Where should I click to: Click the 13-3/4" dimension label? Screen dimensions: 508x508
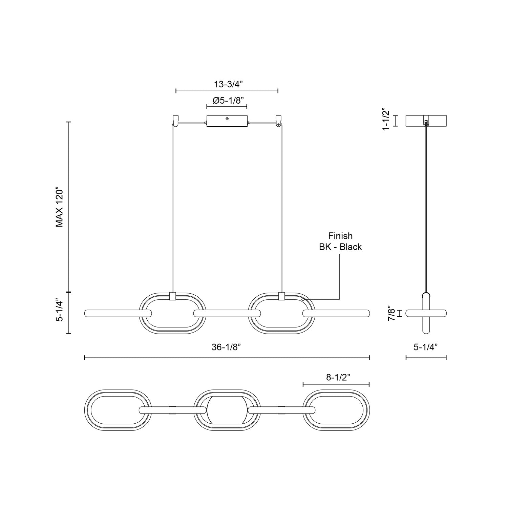227,84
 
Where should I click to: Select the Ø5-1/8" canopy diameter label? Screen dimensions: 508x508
227,100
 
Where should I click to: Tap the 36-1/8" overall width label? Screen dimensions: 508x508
227,347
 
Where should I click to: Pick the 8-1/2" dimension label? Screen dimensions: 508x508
338,378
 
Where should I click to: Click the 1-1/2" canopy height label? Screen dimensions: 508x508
386,120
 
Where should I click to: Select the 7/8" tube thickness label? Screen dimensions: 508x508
391,313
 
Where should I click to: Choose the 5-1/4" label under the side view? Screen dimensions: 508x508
426,347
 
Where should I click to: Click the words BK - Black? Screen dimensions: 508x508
340,247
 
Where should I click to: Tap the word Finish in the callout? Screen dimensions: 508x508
340,236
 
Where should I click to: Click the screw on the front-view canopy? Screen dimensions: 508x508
227,119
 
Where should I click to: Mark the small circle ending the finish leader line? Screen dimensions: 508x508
303,299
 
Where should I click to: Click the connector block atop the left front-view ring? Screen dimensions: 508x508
172,296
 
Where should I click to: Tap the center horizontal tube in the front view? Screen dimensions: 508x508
227,313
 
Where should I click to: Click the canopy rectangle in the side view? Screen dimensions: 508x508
426,121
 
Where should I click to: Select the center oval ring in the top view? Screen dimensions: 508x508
227,410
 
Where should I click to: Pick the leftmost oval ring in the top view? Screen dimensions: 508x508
118,410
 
